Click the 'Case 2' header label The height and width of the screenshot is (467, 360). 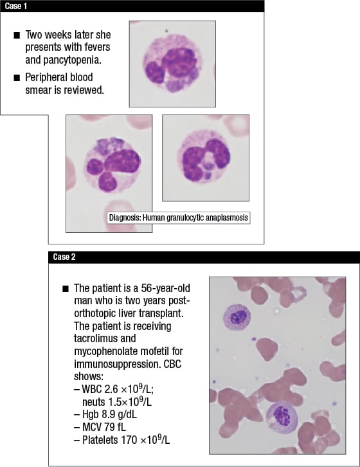tap(62, 258)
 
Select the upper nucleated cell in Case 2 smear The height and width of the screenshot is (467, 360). tap(235, 316)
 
